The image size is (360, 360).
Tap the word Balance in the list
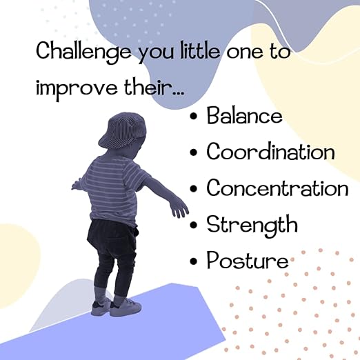(x=244, y=115)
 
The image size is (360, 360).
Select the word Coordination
(x=270, y=152)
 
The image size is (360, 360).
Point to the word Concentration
(x=277, y=188)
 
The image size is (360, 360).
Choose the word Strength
(x=252, y=225)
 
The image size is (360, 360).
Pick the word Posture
(x=247, y=261)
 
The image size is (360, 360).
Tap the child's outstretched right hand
(x=179, y=207)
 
